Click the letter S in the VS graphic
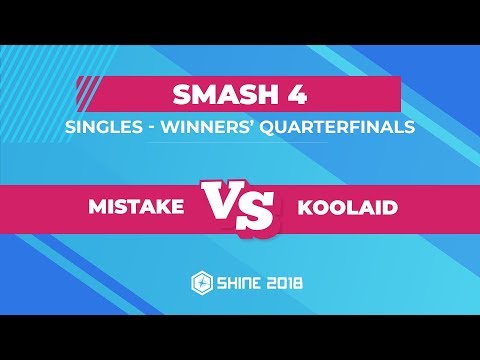(x=258, y=213)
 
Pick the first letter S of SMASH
(x=182, y=98)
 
